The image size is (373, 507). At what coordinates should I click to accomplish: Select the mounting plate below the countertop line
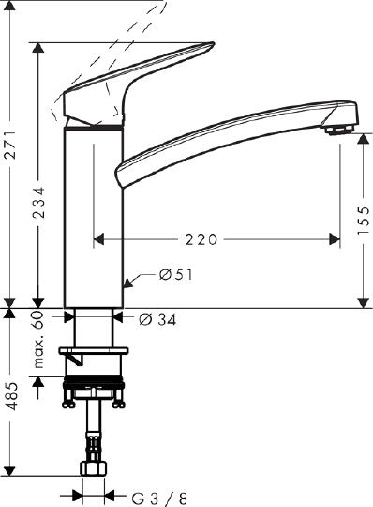coord(93,354)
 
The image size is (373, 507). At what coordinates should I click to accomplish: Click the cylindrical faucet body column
coord(93,216)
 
